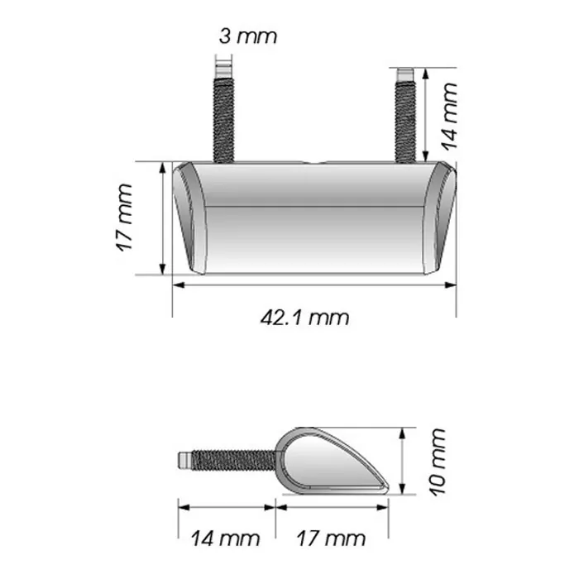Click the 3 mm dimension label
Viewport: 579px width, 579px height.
click(247, 36)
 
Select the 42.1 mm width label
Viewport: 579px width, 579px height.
click(304, 317)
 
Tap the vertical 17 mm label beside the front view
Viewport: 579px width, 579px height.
click(124, 218)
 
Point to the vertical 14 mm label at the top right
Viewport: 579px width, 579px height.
click(449, 115)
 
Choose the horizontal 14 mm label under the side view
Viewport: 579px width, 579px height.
click(226, 539)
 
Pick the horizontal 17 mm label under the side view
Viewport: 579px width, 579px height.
click(330, 539)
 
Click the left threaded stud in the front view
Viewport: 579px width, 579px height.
click(225, 116)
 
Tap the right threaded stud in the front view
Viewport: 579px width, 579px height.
click(405, 116)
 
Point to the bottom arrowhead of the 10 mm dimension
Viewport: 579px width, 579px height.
click(403, 488)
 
